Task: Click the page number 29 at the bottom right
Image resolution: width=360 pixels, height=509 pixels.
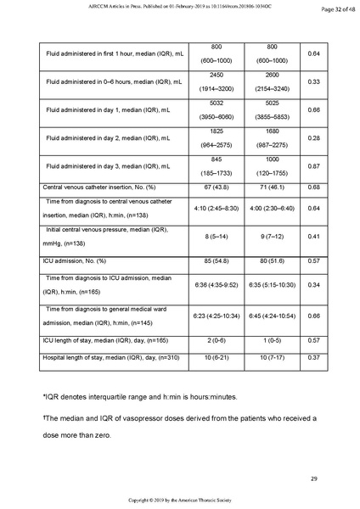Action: tap(313, 479)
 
